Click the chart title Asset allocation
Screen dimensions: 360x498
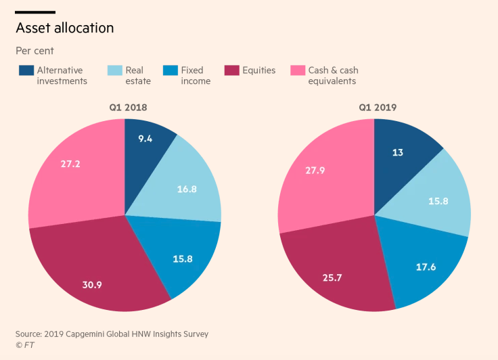point(65,28)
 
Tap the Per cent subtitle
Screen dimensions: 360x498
point(35,51)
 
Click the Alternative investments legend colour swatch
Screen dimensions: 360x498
point(26,70)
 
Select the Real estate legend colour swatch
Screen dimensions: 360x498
point(114,70)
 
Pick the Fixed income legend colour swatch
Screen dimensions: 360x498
point(170,70)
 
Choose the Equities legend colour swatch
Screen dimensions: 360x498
point(231,70)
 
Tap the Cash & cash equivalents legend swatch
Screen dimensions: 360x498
point(297,70)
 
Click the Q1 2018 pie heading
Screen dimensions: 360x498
point(124,108)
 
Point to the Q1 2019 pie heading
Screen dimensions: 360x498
point(374,108)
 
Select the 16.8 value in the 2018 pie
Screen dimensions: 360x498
point(186,189)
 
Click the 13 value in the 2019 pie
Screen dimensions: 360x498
point(397,153)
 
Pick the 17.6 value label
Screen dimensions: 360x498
point(426,267)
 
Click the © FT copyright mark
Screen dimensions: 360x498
point(25,345)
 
